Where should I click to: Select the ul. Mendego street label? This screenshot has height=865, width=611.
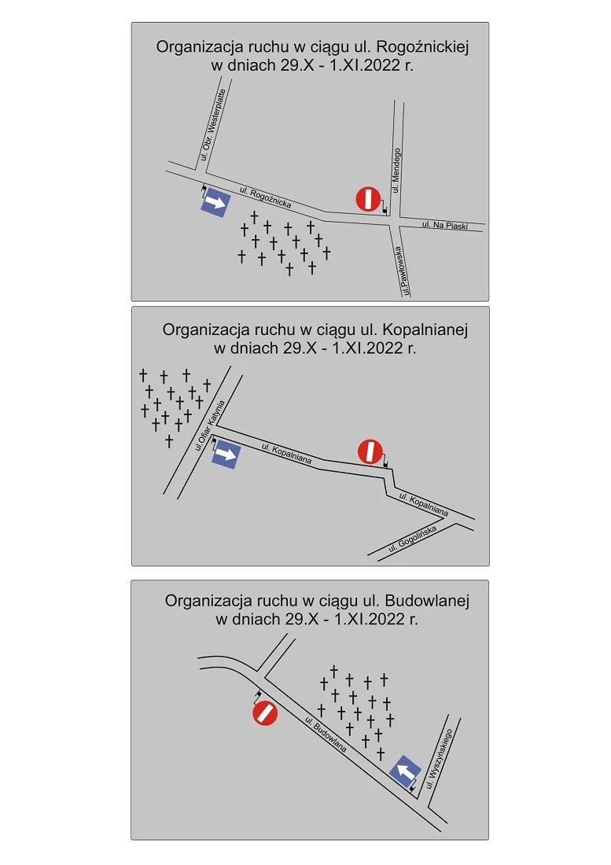coord(396,170)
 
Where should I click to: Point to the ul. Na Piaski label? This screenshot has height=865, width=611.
coord(444,226)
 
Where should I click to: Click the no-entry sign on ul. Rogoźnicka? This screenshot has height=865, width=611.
coord(367,199)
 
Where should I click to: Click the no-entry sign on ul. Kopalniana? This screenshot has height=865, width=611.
coord(370,451)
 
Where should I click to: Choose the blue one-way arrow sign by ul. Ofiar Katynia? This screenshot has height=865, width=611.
coord(226,454)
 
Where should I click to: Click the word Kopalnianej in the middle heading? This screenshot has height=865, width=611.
coord(425,329)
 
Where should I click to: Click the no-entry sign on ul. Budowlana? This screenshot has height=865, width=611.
coord(265,714)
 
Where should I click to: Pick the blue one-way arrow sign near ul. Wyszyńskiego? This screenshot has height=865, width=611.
coord(405,771)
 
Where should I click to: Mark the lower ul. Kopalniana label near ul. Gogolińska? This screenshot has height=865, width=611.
coord(423,504)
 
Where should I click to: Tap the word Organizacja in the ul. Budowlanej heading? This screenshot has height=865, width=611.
coord(205,601)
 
